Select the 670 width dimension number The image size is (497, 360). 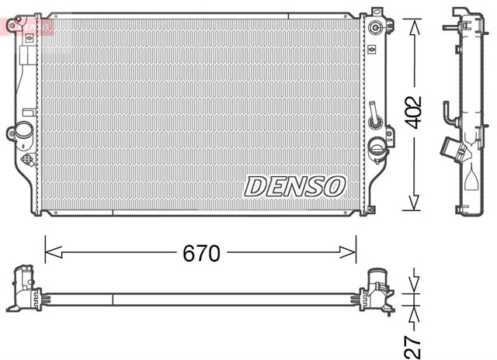click(x=201, y=253)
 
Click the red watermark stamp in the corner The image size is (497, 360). click(x=26, y=26)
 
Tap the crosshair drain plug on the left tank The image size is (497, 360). click(x=28, y=160)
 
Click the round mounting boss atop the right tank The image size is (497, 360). click(x=376, y=29)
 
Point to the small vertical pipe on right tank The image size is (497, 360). click(x=374, y=113)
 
